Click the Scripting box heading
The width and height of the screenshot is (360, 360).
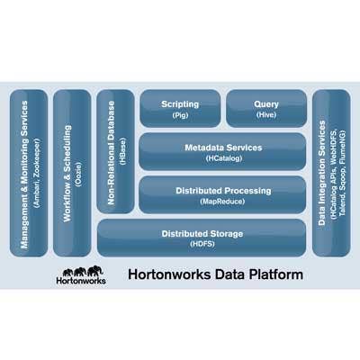point(180,104)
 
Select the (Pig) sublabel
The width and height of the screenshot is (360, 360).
point(180,115)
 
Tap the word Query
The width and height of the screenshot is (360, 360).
point(266,104)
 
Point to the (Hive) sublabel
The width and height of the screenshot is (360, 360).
point(266,114)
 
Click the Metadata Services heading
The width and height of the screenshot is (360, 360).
point(223,148)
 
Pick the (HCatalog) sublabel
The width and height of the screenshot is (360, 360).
point(224,158)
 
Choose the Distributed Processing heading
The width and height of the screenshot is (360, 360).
point(223,191)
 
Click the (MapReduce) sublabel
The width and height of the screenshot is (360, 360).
point(222,202)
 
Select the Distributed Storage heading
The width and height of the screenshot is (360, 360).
point(202,234)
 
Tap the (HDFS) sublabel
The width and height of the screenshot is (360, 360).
point(202,244)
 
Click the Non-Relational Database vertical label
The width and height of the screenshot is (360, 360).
point(111,153)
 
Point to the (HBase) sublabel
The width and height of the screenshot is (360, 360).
point(122,151)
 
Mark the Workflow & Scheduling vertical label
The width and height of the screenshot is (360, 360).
point(67,174)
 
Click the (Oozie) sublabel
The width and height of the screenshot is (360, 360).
point(78,175)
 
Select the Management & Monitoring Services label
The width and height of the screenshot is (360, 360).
point(24,175)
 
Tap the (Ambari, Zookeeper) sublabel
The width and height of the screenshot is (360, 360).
point(36,173)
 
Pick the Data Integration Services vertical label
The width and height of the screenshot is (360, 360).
point(322,173)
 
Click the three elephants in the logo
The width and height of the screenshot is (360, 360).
point(83,271)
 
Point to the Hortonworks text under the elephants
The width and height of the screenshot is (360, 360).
point(81,281)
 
